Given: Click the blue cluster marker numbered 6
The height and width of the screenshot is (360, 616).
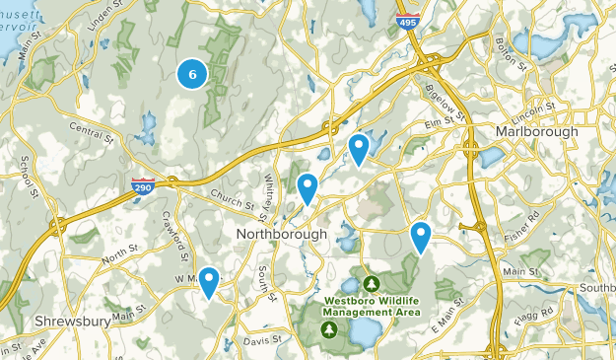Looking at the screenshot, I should pyautogui.click(x=192, y=73).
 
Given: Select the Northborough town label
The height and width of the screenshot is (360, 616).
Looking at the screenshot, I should pyautogui.click(x=281, y=234).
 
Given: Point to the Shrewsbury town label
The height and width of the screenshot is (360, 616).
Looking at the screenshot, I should pyautogui.click(x=69, y=322).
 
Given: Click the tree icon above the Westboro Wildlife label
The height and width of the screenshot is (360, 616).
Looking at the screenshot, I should pyautogui.click(x=371, y=283).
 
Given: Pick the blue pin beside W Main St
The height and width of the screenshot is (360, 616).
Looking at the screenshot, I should pyautogui.click(x=209, y=281).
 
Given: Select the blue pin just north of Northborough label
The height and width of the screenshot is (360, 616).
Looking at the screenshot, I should pyautogui.click(x=308, y=187).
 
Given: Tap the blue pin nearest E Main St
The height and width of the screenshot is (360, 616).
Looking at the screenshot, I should pyautogui.click(x=421, y=236).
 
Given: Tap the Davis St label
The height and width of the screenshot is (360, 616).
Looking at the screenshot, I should pyautogui.click(x=263, y=339).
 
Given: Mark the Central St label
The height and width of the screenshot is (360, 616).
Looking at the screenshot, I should pyautogui.click(x=94, y=129).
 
